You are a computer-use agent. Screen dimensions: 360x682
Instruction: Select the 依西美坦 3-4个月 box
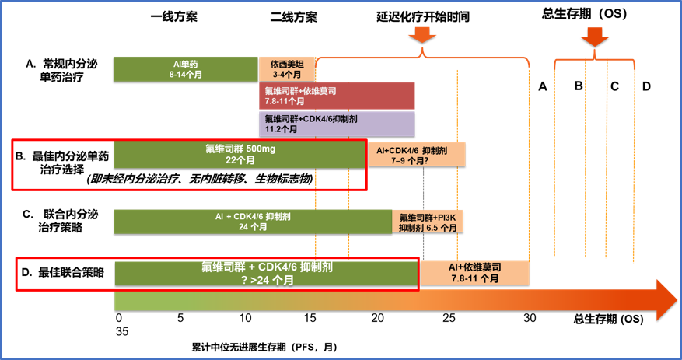[x=286, y=68]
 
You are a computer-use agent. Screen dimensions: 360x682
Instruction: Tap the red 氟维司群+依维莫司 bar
[x=337, y=96]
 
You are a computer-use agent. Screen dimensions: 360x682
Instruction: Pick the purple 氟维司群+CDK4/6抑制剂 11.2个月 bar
[x=337, y=124]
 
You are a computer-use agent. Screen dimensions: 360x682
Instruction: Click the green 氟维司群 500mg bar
[x=240, y=154]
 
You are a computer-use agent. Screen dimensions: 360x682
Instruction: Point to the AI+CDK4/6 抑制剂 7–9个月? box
[x=416, y=154]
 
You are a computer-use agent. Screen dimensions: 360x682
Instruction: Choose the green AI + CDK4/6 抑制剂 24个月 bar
[x=253, y=221]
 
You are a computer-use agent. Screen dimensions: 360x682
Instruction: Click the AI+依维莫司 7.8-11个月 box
[x=474, y=272]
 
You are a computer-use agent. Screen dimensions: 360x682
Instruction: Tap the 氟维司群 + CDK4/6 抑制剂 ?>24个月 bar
[x=267, y=273]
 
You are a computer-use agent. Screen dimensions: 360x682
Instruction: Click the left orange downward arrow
[x=422, y=35]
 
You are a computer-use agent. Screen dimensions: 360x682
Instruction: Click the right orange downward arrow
[x=595, y=36]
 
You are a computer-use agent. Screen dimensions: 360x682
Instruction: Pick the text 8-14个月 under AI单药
[x=187, y=74]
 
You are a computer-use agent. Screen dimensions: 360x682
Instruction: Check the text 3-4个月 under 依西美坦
[x=286, y=74]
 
